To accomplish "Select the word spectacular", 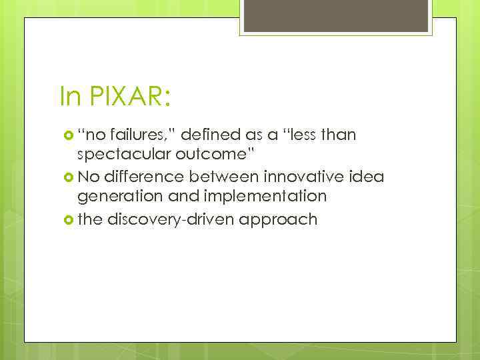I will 126,156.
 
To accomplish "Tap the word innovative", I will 308,177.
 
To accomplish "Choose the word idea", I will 368,177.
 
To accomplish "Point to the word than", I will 340,135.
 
